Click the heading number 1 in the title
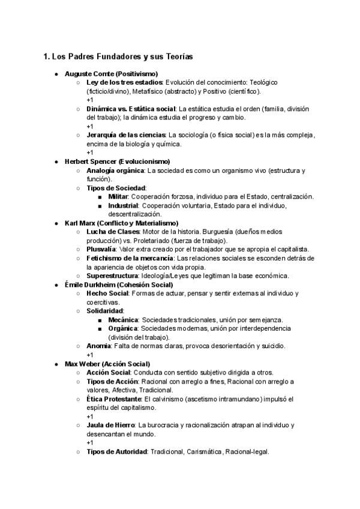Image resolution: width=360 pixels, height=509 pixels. click(x=46, y=57)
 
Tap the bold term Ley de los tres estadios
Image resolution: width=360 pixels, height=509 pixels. click(x=125, y=82)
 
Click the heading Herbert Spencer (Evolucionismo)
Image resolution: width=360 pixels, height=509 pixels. click(x=117, y=161)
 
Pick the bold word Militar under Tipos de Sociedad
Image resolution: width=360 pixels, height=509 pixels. click(x=118, y=197)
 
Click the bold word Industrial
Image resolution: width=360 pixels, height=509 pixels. click(x=122, y=205)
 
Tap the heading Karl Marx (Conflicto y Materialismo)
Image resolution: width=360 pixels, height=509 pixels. click(x=121, y=223)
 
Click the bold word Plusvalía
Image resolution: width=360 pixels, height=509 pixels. click(x=103, y=249)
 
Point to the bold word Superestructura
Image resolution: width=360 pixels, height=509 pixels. click(x=115, y=276)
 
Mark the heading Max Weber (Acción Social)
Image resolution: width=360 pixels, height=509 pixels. click(x=107, y=364)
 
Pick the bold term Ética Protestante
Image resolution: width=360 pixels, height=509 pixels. click(x=114, y=399)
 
